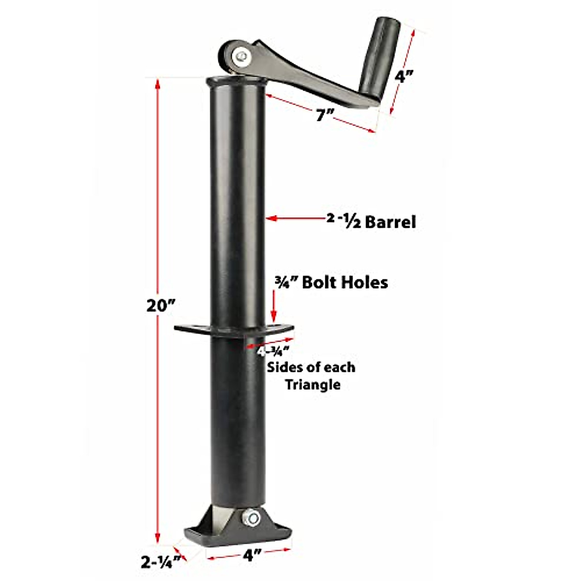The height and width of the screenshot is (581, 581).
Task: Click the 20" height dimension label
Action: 160,306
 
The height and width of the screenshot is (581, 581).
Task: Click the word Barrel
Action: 390,222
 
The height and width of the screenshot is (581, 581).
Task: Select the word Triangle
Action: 312,385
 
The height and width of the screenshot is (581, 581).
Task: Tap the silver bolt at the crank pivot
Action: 241,57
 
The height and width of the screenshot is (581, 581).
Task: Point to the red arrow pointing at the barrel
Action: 295,219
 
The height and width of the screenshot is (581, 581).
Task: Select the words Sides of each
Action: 311,367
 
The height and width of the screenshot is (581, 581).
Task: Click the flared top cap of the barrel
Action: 237,81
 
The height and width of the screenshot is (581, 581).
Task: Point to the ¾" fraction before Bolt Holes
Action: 286,282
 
